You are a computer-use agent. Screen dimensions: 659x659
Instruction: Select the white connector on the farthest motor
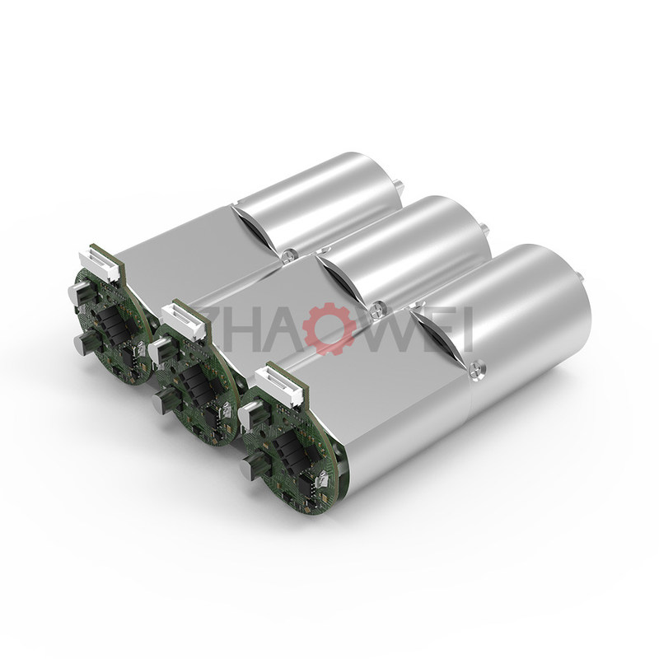click(x=100, y=262)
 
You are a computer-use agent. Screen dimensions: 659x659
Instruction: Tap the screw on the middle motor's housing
click(x=379, y=307)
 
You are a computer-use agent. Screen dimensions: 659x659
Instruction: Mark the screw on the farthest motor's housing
click(x=289, y=254)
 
